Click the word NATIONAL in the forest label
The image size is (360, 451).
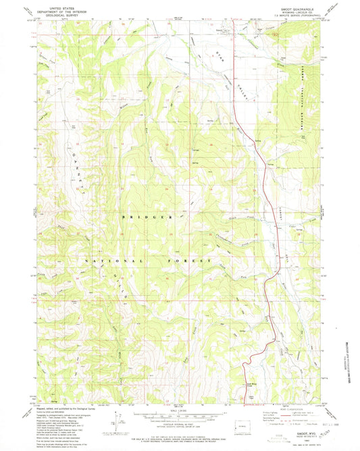coord(114,261)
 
